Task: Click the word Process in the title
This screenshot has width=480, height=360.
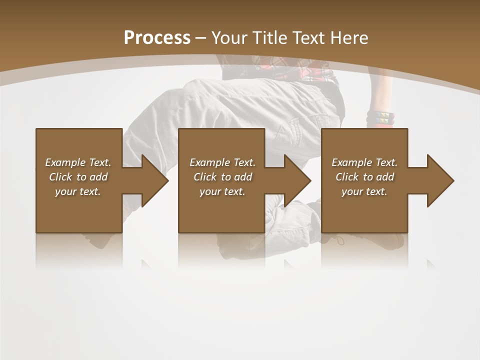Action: click(x=157, y=38)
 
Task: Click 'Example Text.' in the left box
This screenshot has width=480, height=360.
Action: click(x=78, y=162)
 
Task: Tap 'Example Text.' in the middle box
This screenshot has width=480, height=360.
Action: click(x=222, y=162)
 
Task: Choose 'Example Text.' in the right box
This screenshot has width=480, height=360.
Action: click(x=364, y=162)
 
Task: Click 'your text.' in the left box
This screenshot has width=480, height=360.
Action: click(x=78, y=191)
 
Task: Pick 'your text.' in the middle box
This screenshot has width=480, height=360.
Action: click(x=222, y=191)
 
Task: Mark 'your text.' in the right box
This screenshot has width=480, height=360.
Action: click(x=364, y=191)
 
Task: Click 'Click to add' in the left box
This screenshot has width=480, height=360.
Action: click(x=78, y=177)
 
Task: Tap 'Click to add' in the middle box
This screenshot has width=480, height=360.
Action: click(x=222, y=177)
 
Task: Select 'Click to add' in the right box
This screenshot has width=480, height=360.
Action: click(x=364, y=177)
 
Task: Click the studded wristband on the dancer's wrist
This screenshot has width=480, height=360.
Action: click(x=380, y=118)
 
